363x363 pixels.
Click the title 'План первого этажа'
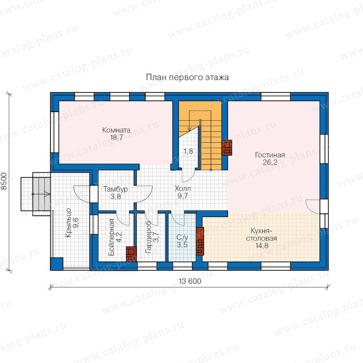pyautogui.click(x=187, y=77)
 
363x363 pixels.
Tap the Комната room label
pyautogui.click(x=116, y=130)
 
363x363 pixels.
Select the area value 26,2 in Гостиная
pyautogui.click(x=270, y=162)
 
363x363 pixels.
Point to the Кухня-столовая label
pyautogui.click(x=261, y=234)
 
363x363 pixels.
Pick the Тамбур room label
pyautogui.click(x=115, y=189)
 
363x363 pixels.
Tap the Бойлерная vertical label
pyautogui.click(x=112, y=237)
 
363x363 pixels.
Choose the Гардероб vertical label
pyautogui.click(x=148, y=237)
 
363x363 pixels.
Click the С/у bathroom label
pyautogui.click(x=182, y=237)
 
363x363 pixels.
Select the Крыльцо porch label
pyautogui.click(x=68, y=223)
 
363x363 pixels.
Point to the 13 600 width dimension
pyautogui.click(x=190, y=281)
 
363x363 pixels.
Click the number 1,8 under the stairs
pyautogui.click(x=188, y=151)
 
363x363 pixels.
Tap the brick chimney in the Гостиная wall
pyautogui.click(x=227, y=148)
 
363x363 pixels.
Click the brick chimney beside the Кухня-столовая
pyautogui.click(x=200, y=241)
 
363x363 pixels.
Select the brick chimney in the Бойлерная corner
pyautogui.click(x=131, y=254)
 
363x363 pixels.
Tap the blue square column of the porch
pyautogui.click(x=57, y=264)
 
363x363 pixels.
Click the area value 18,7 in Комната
pyautogui.click(x=117, y=137)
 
